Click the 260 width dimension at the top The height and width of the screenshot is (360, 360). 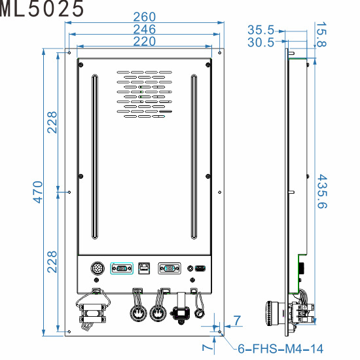[144, 17]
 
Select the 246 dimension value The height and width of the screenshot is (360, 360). [144, 29]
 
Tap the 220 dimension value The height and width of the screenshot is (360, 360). [144, 41]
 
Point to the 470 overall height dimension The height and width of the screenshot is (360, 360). [37, 192]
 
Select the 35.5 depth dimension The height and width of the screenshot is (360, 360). [261, 29]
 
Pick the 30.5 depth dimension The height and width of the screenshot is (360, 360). [261, 43]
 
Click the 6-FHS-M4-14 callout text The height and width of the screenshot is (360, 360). [279, 349]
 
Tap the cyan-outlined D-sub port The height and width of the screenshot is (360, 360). [121, 268]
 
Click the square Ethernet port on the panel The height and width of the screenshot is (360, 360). [144, 268]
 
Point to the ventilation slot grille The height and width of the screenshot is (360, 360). [145, 94]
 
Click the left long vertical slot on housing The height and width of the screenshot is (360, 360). [94, 158]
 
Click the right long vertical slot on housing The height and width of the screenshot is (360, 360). [194, 158]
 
